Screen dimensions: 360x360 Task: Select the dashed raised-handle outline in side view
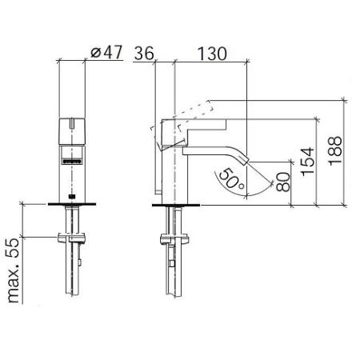pyautogui.click(x=188, y=111)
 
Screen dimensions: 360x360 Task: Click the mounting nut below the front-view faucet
pyautogui.click(x=73, y=237)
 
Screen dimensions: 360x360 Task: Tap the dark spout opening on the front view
pyautogui.click(x=73, y=162)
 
